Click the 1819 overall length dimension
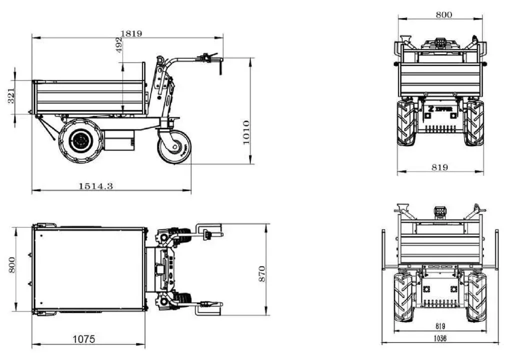click(x=131, y=33)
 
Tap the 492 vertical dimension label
click(x=119, y=45)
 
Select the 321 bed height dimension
click(x=11, y=95)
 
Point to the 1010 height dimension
click(x=246, y=132)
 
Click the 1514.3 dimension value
click(x=95, y=186)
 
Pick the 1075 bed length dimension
click(x=84, y=339)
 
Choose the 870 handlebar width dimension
click(x=262, y=274)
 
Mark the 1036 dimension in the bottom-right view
click(x=440, y=338)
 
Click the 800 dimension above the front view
click(x=444, y=14)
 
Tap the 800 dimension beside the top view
click(x=12, y=265)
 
